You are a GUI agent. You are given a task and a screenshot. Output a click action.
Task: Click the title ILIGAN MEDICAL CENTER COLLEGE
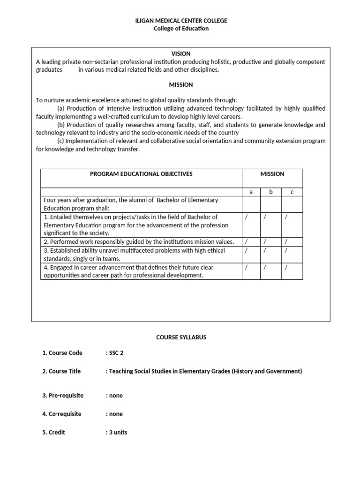(x=181, y=21)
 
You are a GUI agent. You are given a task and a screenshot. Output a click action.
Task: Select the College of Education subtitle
(x=181, y=29)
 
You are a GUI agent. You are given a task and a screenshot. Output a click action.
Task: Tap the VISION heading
(x=181, y=54)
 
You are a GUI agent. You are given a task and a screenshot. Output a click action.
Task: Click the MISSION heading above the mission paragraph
(x=181, y=85)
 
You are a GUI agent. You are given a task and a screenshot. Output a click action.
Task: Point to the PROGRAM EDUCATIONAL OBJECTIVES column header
(x=141, y=174)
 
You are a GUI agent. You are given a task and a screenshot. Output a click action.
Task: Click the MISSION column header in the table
(x=272, y=174)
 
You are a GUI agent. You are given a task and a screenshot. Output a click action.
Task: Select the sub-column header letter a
(x=251, y=192)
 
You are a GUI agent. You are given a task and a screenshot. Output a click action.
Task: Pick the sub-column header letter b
(x=271, y=192)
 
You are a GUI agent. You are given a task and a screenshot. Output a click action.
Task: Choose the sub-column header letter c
(x=292, y=192)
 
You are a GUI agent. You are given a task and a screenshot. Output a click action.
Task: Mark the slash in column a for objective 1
(x=247, y=217)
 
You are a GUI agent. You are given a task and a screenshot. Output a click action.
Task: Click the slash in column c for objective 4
(x=286, y=268)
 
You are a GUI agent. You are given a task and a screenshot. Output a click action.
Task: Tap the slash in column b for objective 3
(x=265, y=251)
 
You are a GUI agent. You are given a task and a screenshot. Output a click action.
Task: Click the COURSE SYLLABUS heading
(x=181, y=337)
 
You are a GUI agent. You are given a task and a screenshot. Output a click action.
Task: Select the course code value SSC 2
(x=115, y=353)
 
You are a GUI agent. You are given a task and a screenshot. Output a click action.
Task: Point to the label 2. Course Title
(x=61, y=371)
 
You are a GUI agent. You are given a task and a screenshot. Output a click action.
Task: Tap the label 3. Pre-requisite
(x=63, y=395)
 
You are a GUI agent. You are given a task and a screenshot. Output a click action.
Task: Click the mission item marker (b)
(x=61, y=125)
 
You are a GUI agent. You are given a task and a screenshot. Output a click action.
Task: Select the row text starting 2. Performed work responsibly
(x=139, y=242)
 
